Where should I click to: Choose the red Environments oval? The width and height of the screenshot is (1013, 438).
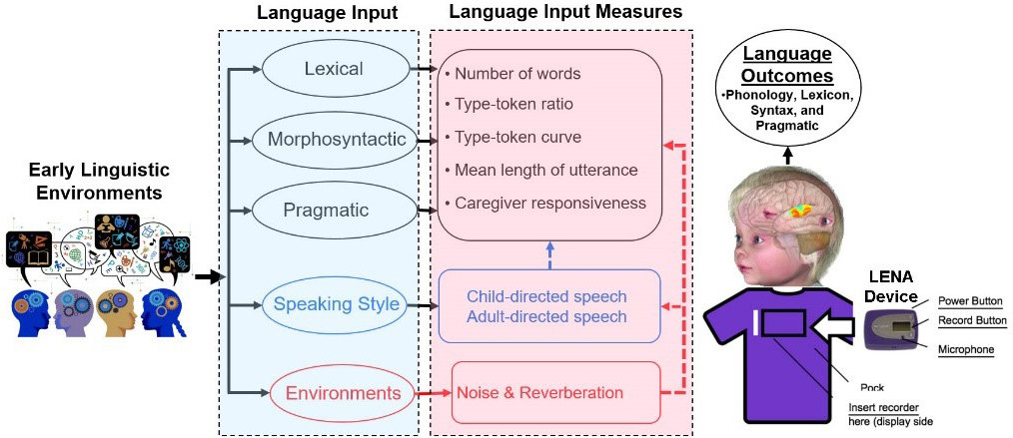[330, 393]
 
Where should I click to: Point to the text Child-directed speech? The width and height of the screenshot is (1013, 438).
[546, 296]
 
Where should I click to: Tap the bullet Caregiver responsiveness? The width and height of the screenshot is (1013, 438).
[544, 203]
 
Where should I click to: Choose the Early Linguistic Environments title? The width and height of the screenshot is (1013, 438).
[85, 180]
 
